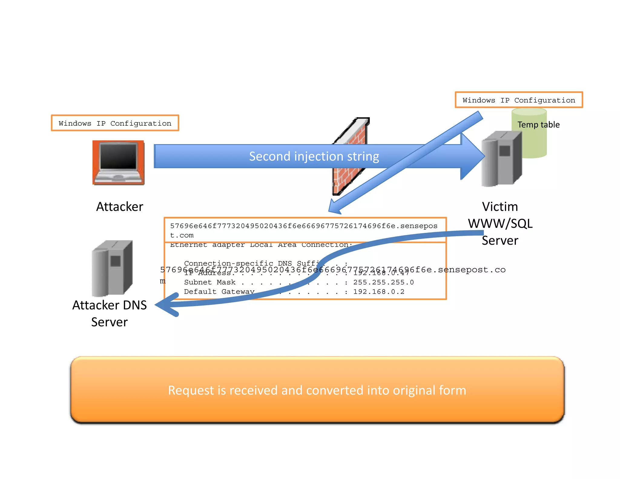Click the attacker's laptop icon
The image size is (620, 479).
118,163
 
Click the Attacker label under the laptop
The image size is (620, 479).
120,207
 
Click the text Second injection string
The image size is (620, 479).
314,157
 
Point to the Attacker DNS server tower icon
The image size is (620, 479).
112,268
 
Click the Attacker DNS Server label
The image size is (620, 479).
110,313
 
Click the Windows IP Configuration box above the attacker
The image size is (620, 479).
115,123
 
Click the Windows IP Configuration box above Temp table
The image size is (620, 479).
519,100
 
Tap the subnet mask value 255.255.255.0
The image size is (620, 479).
383,282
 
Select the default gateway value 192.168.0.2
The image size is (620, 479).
378,292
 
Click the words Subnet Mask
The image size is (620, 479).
209,282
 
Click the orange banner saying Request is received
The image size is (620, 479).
317,390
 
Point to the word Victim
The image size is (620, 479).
500,207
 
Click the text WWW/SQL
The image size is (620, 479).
500,224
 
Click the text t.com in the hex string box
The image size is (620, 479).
182,236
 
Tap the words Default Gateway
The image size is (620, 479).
219,292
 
